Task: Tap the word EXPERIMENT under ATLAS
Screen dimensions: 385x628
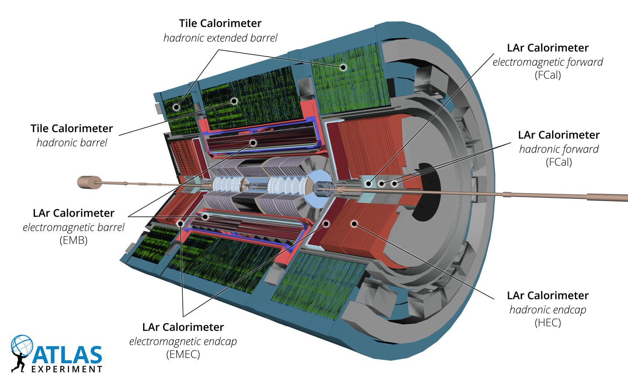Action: click(67, 369)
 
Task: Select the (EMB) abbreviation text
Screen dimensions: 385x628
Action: click(74, 240)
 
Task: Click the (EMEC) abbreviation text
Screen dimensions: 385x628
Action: click(183, 354)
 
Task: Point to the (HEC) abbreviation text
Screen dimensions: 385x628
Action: click(548, 323)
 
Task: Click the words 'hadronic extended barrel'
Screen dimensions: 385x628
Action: click(220, 38)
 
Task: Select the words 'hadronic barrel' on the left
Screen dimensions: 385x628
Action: click(72, 143)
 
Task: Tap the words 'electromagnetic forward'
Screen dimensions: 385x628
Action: click(548, 62)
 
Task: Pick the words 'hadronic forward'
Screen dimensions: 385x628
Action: click(559, 149)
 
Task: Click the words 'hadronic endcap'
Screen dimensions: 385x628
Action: click(548, 310)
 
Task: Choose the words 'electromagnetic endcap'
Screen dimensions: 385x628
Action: click(183, 341)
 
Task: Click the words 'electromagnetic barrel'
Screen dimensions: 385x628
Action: click(74, 227)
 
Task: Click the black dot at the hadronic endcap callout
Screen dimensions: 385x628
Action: click(355, 224)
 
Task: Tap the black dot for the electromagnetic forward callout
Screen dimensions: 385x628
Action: click(369, 184)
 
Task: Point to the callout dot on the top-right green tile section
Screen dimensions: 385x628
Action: click(343, 67)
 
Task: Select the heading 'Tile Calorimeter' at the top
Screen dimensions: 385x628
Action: click(220, 23)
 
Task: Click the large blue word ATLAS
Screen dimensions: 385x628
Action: click(68, 355)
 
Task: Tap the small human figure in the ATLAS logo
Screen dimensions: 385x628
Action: click(18, 361)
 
